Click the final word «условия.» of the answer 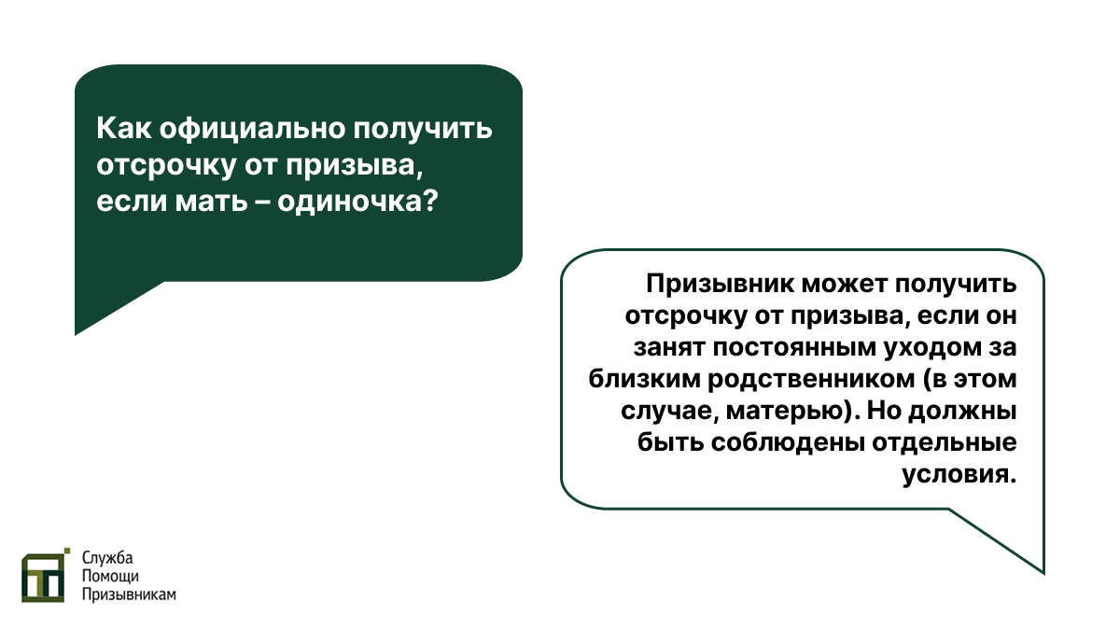pos(959,475)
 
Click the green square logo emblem pos(45,575)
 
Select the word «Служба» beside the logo pos(108,558)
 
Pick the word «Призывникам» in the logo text pos(129,595)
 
